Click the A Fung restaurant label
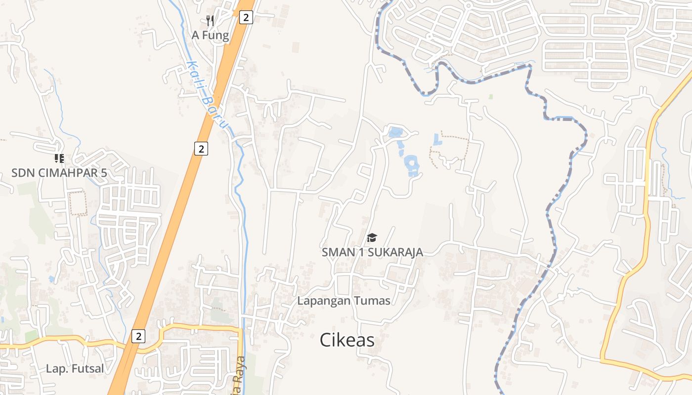[x=211, y=36]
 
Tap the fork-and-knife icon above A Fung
[x=210, y=21]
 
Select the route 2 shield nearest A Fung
[x=246, y=18]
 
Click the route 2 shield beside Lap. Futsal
[x=138, y=336]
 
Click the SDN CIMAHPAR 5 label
[x=59, y=173]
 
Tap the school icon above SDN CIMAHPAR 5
[x=59, y=158]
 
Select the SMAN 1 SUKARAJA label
[x=372, y=252]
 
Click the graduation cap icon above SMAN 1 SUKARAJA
[x=372, y=238]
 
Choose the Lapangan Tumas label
[x=344, y=301]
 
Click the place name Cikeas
[x=347, y=340]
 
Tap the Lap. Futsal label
[x=75, y=368]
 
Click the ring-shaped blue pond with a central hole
[x=412, y=165]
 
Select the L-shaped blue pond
[x=437, y=140]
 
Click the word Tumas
[x=371, y=301]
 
